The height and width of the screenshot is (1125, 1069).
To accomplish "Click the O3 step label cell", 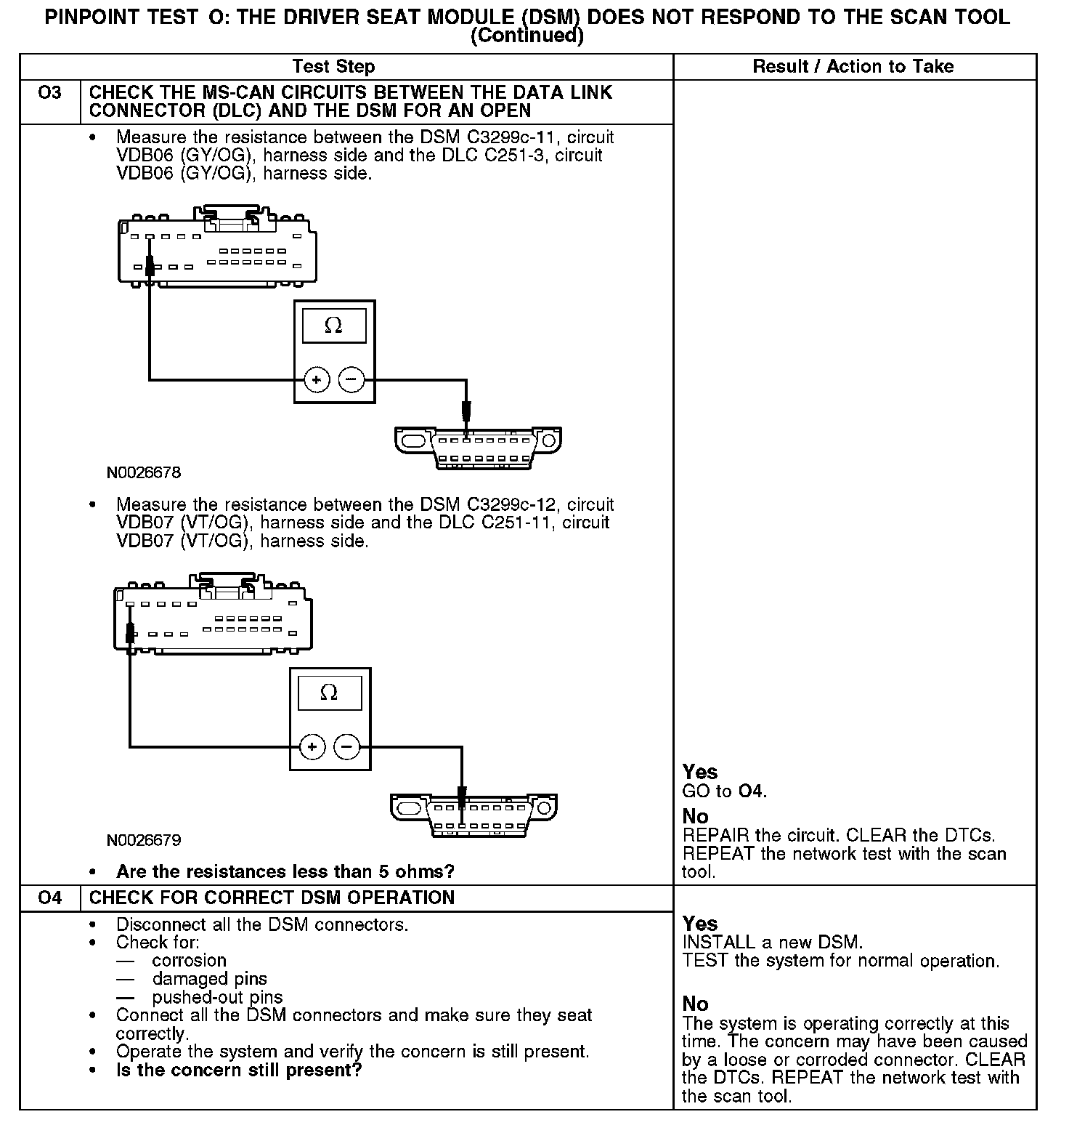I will [x=49, y=93].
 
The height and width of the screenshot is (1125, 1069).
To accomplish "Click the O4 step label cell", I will [x=49, y=898].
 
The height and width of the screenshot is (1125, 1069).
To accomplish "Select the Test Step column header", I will [x=333, y=67].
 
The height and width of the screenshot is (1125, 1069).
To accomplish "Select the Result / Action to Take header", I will [x=853, y=67].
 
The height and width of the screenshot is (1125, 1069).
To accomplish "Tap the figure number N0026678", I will [x=144, y=473].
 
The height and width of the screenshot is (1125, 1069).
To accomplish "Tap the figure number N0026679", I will [x=144, y=841].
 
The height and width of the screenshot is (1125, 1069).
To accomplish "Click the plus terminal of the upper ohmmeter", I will [x=317, y=379].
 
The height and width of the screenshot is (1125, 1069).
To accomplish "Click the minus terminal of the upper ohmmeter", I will [x=351, y=379].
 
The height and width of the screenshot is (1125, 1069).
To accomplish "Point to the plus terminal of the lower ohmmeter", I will [x=312, y=747].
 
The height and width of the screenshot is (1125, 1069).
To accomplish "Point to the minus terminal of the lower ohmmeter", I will [x=346, y=747].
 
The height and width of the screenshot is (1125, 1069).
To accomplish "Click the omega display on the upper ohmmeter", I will [x=333, y=326].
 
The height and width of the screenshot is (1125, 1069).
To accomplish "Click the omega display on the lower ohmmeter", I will [x=329, y=693].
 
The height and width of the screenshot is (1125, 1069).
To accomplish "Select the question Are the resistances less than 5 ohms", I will [x=285, y=871].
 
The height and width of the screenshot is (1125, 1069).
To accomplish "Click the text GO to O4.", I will [x=724, y=791].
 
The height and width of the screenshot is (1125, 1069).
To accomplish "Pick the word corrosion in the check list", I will [x=189, y=961].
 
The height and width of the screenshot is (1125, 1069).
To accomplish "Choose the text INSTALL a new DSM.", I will [x=772, y=943].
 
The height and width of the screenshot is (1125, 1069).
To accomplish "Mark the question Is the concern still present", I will [x=238, y=1070].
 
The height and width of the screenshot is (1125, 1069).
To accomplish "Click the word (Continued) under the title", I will [x=527, y=36].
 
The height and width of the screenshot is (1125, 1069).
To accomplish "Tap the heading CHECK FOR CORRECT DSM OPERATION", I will [x=272, y=898].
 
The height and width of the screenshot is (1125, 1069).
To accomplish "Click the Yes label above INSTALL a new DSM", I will [x=700, y=924].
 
